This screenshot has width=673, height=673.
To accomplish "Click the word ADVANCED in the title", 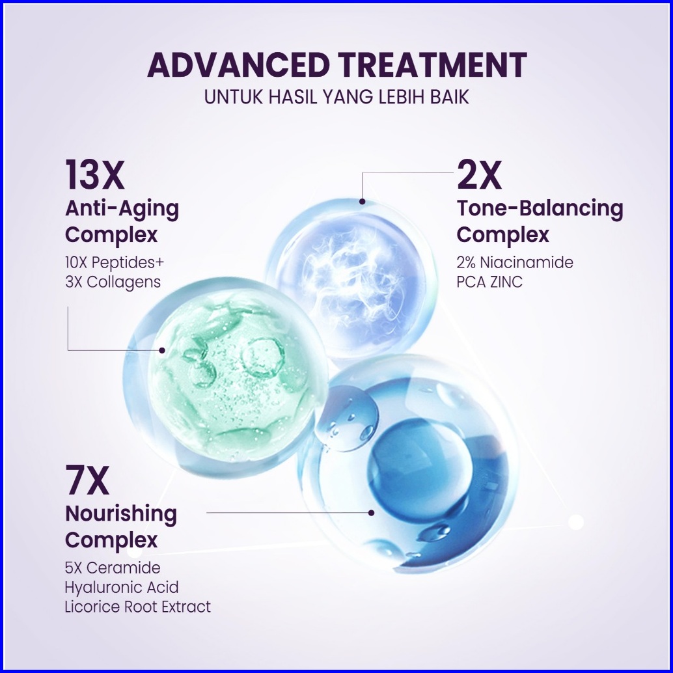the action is point(238,65).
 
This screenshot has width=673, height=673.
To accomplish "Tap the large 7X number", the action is point(87,480).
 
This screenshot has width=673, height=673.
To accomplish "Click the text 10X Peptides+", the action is point(115,262).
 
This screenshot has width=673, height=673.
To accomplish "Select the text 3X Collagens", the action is point(113,282).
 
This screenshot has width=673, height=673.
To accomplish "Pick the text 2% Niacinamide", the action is point(515,262).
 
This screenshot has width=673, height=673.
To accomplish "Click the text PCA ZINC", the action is point(489,282).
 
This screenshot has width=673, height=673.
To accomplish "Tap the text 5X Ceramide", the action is point(113,568).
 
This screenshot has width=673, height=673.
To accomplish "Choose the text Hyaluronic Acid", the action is point(122,588).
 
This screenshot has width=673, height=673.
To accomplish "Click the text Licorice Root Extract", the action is point(138,607).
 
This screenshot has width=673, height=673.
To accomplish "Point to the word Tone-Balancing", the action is point(540,209).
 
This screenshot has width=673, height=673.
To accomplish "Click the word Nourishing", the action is point(121,515).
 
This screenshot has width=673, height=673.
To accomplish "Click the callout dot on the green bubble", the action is point(162,350).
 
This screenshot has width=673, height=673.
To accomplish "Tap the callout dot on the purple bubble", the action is point(363,201).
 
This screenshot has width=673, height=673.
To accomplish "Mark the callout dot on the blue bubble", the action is point(371,512).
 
